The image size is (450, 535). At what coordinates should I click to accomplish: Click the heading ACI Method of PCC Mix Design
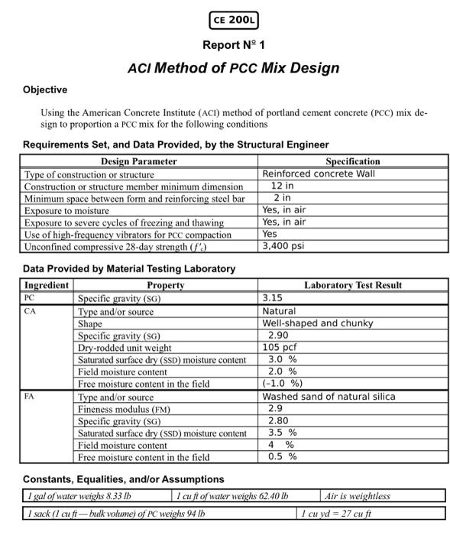(x=233, y=68)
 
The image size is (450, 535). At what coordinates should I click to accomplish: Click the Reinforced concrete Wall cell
(x=319, y=173)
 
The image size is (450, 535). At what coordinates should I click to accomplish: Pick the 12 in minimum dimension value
(x=282, y=186)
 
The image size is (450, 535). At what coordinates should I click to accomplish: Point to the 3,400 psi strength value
(x=283, y=247)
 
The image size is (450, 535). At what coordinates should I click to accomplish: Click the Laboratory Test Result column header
(x=353, y=285)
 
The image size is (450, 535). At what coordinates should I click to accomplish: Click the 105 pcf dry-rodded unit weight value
(x=280, y=347)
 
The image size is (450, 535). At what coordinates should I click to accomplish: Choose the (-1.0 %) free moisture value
(x=283, y=384)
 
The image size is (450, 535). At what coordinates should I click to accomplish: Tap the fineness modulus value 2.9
(x=275, y=409)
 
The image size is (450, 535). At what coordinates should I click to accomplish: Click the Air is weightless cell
(x=357, y=496)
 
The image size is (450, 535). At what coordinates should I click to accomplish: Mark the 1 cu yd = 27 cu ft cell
(x=337, y=514)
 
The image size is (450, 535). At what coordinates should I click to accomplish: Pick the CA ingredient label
(x=30, y=311)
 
